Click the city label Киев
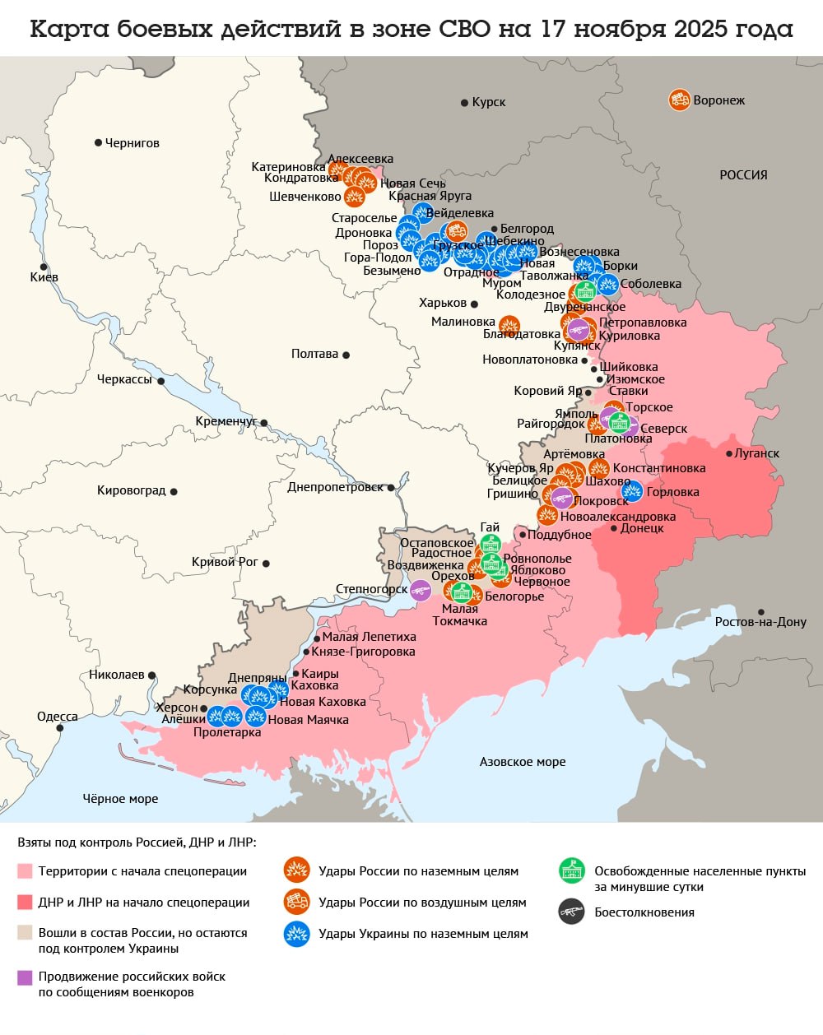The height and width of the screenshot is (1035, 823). pyautogui.click(x=44, y=277)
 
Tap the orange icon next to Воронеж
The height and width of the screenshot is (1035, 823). pyautogui.click(x=679, y=100)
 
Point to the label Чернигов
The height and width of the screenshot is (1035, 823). pyautogui.click(x=133, y=143)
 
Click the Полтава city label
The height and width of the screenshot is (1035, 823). pyautogui.click(x=314, y=354)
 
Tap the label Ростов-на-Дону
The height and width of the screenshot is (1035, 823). pyautogui.click(x=760, y=622)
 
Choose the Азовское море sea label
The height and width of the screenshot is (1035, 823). pyautogui.click(x=523, y=762)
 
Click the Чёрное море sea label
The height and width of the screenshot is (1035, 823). pyautogui.click(x=120, y=798)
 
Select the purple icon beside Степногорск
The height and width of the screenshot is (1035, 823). pyautogui.click(x=421, y=590)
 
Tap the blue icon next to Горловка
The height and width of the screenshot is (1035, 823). pyautogui.click(x=632, y=492)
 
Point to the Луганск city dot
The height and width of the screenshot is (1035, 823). pyautogui.click(x=729, y=453)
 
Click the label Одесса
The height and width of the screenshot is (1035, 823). pyautogui.click(x=58, y=717)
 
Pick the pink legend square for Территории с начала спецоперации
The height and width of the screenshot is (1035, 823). pyautogui.click(x=25, y=871)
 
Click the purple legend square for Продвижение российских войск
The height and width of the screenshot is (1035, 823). pyautogui.click(x=25, y=977)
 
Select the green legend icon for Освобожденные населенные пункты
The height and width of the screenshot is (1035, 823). pyautogui.click(x=571, y=871)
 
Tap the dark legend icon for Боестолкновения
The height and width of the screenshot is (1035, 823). pyautogui.click(x=571, y=912)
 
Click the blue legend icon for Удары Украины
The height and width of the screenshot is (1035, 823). pyautogui.click(x=296, y=934)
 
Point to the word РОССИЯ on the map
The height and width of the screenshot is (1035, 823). pyautogui.click(x=743, y=175)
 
